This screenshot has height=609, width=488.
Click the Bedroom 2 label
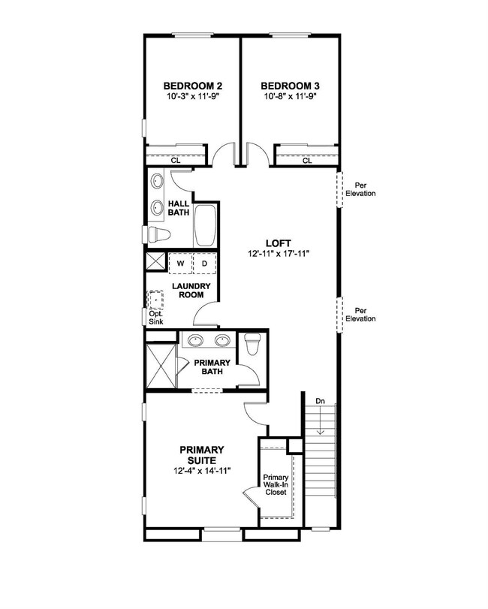(192, 86)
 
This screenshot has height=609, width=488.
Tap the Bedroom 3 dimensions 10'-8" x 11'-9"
(291, 96)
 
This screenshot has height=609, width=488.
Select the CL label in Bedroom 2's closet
(176, 161)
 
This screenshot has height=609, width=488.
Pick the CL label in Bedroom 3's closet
(307, 161)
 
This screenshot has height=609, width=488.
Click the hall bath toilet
(159, 234)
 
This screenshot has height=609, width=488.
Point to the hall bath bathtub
(205, 226)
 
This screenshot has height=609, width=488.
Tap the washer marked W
(180, 264)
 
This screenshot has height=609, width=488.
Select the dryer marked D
(205, 264)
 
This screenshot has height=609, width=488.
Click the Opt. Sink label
(156, 318)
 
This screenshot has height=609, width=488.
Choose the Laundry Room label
(191, 291)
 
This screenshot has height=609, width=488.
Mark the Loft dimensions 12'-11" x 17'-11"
(279, 254)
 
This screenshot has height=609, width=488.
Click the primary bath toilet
(252, 344)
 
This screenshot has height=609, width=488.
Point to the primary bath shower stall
(161, 366)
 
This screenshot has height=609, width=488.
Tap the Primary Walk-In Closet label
(276, 484)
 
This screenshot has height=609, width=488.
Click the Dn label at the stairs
(320, 401)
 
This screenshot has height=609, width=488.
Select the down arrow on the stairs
(321, 421)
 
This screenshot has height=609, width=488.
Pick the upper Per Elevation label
(360, 189)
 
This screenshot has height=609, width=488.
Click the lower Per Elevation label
(360, 315)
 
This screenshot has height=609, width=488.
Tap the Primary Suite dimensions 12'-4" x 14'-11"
(202, 471)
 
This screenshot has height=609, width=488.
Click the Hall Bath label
(179, 208)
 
